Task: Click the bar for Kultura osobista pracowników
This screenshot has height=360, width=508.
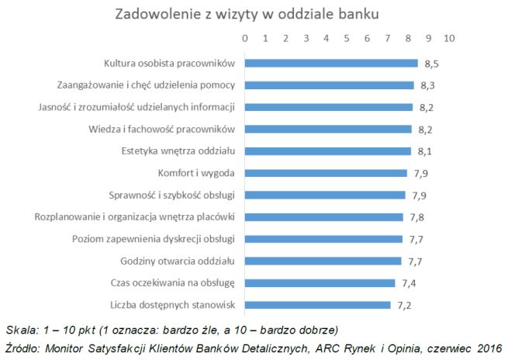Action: tap(331, 63)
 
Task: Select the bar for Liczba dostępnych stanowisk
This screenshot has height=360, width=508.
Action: tap(318, 304)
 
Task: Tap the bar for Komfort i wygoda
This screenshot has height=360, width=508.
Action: tap(326, 172)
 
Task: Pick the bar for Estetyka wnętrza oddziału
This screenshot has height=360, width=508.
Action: tap(327, 151)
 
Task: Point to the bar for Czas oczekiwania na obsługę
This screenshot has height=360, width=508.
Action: tap(320, 282)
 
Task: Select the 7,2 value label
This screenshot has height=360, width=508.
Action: tap(405, 305)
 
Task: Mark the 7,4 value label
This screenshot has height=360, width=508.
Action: tap(410, 283)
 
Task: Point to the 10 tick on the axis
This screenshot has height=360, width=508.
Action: tap(448, 37)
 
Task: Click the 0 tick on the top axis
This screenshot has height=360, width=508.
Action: tap(245, 37)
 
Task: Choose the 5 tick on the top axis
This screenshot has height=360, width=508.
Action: tap(347, 37)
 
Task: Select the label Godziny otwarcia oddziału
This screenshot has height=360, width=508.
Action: tap(183, 260)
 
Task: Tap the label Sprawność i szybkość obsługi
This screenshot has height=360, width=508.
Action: tap(178, 194)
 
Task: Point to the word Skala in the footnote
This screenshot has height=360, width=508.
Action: tap(19, 328)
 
